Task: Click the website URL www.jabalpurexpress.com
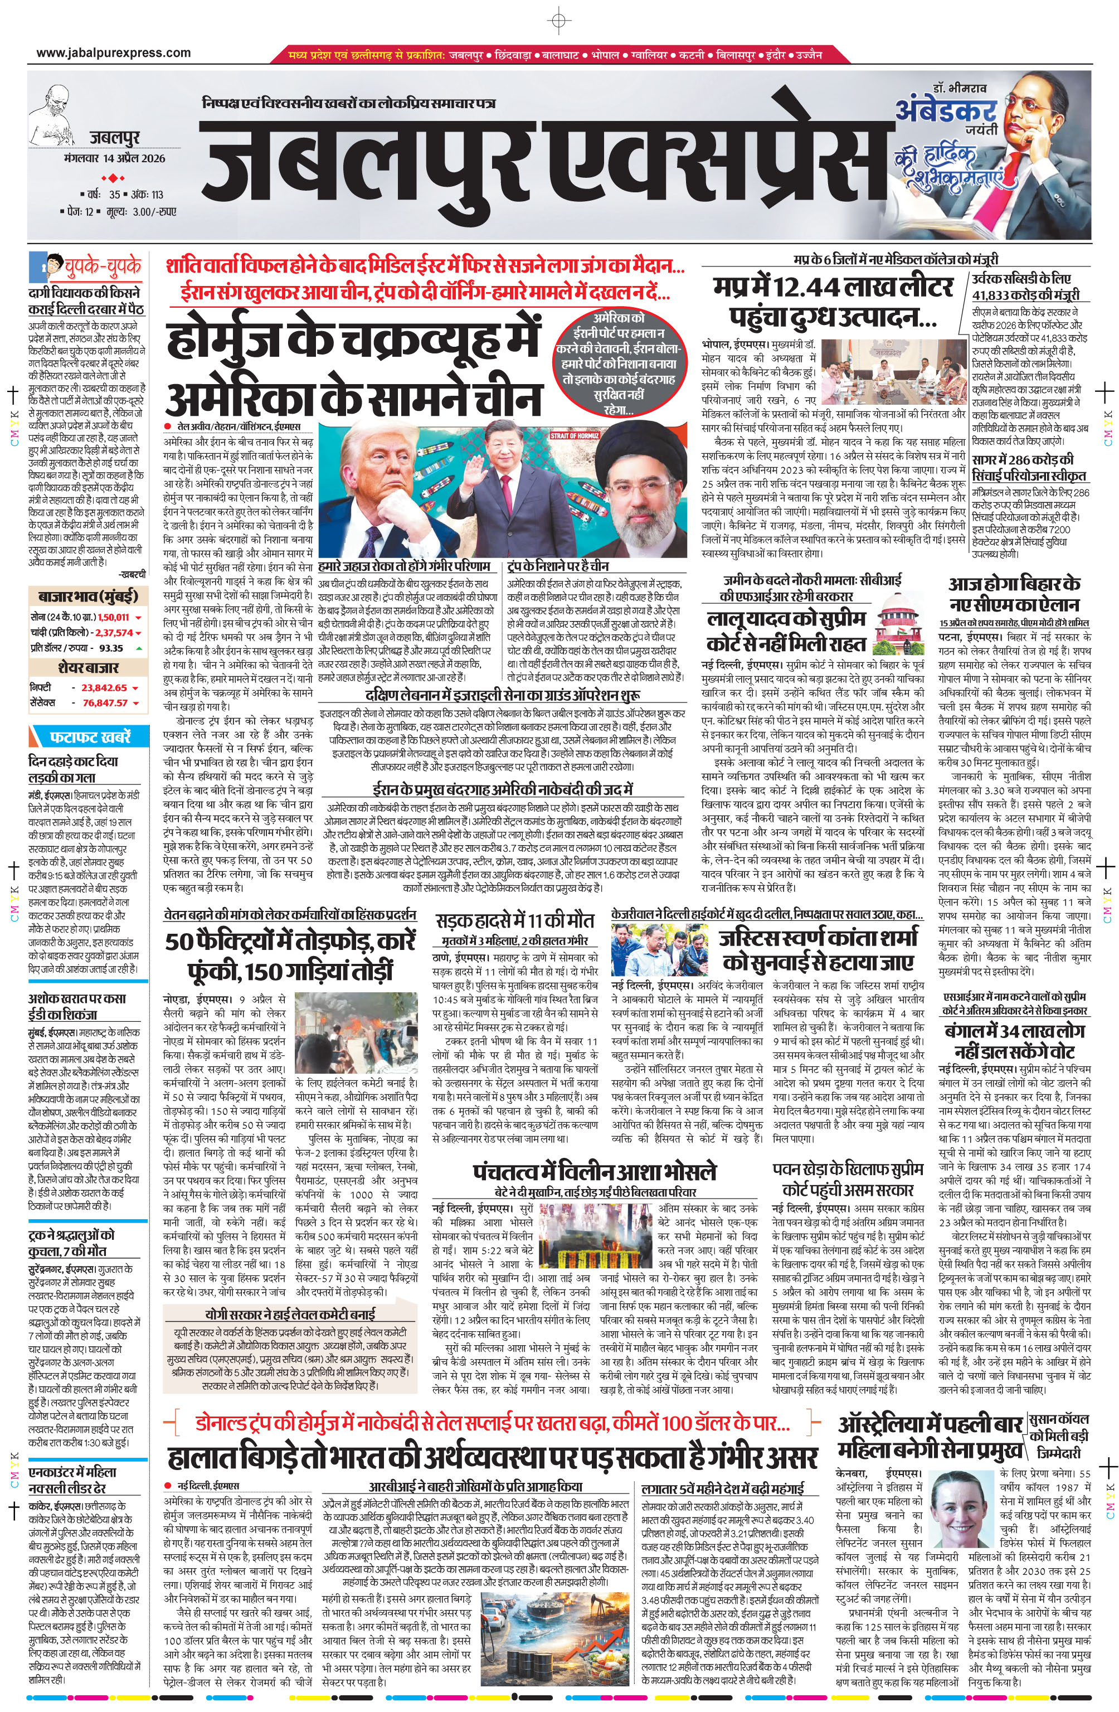point(114,52)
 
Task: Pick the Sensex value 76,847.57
point(104,703)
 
